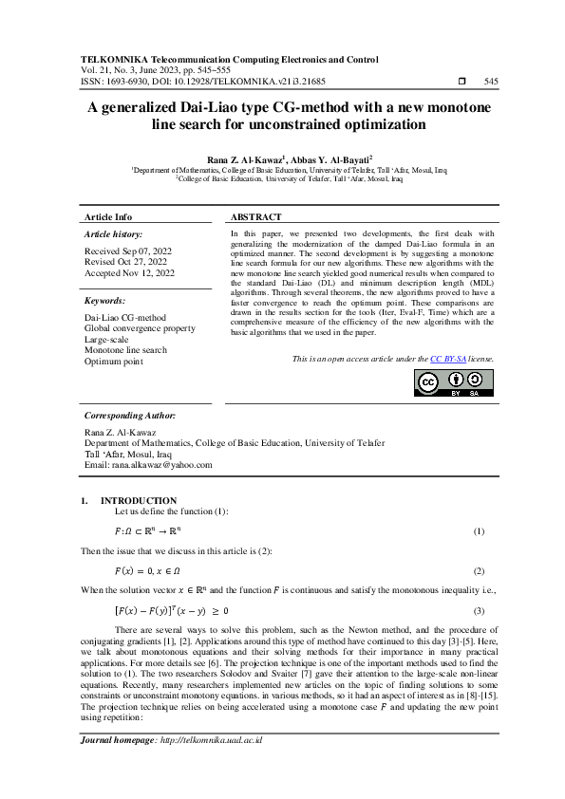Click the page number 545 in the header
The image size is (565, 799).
pos(491,83)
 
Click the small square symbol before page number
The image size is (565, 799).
pos(461,83)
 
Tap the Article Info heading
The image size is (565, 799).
pos(108,217)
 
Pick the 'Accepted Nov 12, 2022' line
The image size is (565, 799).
pos(130,272)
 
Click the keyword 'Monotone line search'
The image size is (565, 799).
pos(125,350)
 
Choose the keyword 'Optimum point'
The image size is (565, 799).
pos(113,362)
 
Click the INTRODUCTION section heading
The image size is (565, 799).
pos(139,500)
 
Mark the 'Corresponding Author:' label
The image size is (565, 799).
pos(129,416)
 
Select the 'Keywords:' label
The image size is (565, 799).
pos(105,301)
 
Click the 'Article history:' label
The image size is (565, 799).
pos(114,233)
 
